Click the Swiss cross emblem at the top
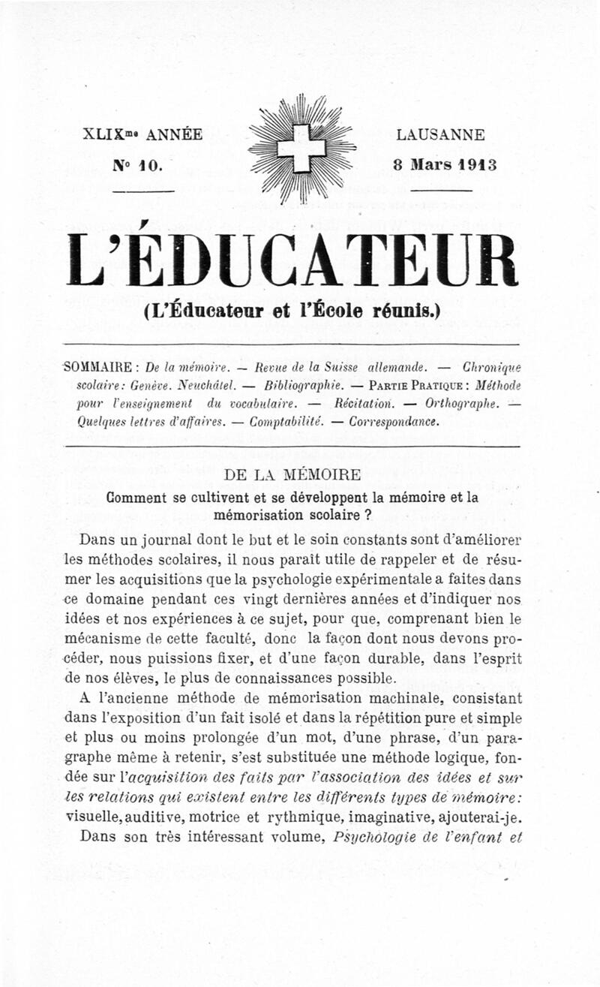301,148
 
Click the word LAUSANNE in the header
440,136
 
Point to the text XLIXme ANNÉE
142,136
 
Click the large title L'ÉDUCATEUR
292,259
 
